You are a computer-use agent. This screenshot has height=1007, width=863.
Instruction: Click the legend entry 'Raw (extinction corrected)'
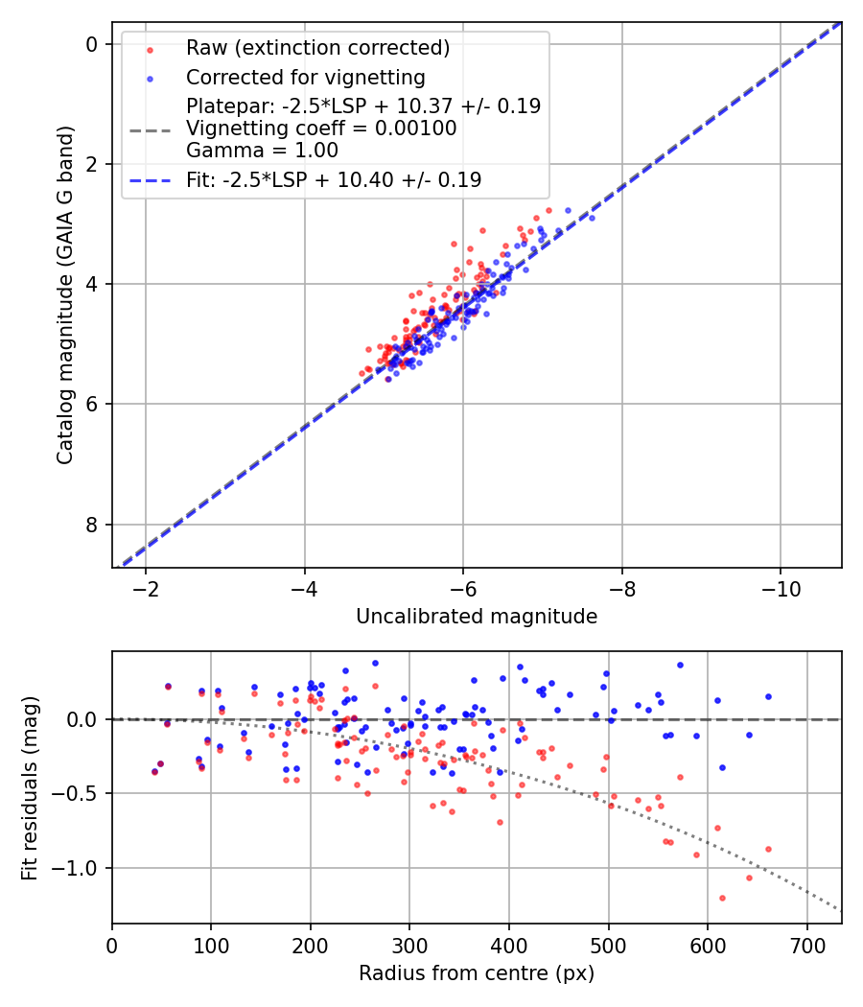(x=317, y=48)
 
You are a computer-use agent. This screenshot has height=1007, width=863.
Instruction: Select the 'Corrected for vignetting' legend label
(x=305, y=77)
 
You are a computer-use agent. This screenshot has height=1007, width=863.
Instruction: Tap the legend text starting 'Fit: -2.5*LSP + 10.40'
(x=334, y=179)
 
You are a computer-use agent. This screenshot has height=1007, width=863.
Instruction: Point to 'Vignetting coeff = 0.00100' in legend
(x=321, y=129)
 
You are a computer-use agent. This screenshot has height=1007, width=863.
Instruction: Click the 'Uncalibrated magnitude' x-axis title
(x=477, y=617)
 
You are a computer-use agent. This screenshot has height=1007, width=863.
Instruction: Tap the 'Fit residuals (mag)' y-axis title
(x=30, y=788)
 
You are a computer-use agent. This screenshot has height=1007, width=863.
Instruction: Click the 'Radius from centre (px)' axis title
(x=477, y=973)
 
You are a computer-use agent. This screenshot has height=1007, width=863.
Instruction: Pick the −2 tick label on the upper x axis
(x=146, y=587)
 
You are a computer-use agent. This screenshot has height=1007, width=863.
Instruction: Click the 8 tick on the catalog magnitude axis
(x=91, y=525)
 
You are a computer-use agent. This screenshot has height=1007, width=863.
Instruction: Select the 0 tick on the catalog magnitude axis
(x=91, y=44)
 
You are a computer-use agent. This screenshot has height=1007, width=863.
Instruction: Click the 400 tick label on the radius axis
(x=509, y=944)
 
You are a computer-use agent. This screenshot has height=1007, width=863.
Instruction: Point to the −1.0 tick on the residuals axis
(x=77, y=869)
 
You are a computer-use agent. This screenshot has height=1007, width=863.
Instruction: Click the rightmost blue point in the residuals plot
(x=768, y=696)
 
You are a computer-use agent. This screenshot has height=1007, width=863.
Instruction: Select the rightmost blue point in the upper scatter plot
(x=592, y=218)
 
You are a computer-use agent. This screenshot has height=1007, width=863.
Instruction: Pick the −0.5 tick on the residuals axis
(x=77, y=794)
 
